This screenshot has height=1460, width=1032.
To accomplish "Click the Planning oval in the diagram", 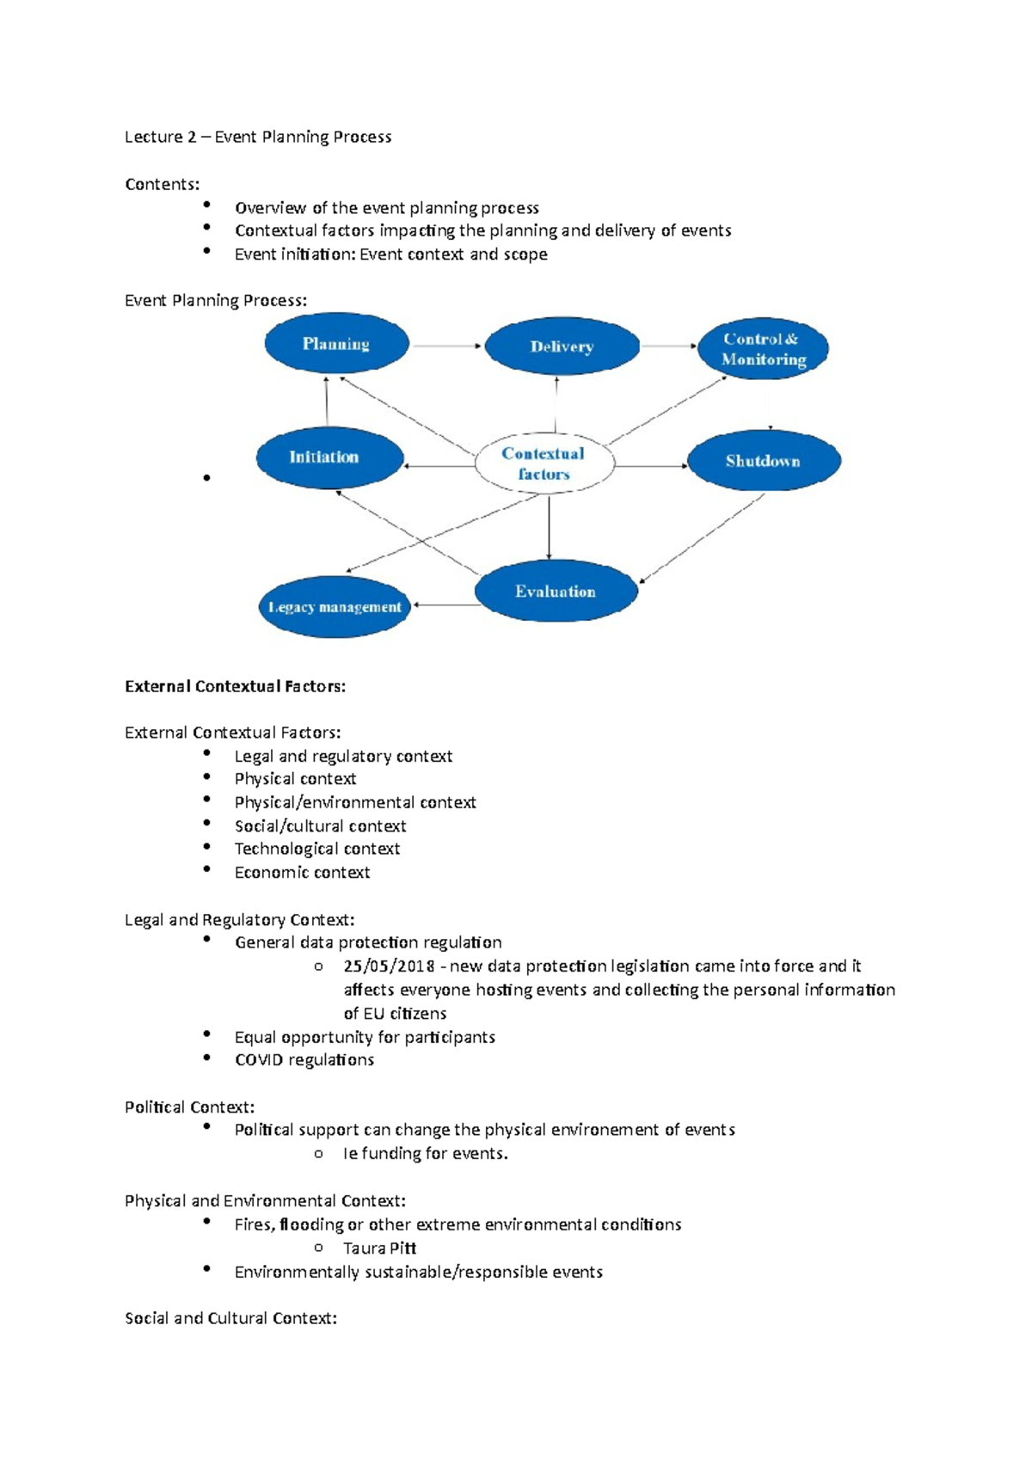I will click(x=336, y=344).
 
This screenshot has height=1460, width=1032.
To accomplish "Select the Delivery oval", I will click(x=562, y=347).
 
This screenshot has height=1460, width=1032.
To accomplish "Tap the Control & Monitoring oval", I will click(x=763, y=349).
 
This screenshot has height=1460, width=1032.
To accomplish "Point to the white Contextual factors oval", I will click(x=544, y=463).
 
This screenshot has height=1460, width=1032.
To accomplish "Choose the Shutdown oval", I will click(x=764, y=461).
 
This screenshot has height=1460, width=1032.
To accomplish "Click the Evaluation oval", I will click(x=556, y=592).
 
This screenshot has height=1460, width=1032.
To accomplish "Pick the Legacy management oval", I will click(x=335, y=607).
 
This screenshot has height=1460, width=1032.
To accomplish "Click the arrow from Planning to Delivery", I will click(x=446, y=346).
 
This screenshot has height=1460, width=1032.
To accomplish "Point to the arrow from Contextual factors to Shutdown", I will click(x=651, y=466).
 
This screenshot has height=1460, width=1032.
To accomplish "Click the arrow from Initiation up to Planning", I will click(x=327, y=402).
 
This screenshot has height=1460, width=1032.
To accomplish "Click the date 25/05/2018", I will click(x=389, y=966).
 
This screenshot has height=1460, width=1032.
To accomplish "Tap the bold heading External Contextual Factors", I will click(x=235, y=686).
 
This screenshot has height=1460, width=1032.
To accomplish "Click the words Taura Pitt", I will click(x=379, y=1248).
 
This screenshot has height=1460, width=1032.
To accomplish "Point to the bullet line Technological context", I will click(x=316, y=850).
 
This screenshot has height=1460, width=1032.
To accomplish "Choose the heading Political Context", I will click(x=189, y=1107).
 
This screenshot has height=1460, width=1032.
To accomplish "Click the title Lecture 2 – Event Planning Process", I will click(x=258, y=137).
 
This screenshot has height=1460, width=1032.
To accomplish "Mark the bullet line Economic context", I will click(x=302, y=873).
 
